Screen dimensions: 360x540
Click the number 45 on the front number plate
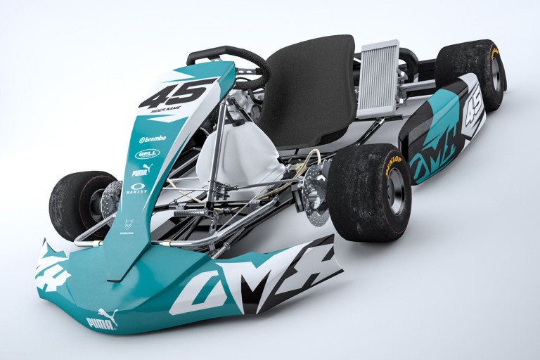click(x=177, y=94)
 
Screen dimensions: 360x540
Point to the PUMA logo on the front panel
click(x=142, y=170)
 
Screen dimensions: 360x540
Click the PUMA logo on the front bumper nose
click(x=103, y=319)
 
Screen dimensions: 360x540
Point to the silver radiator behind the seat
click(x=378, y=79)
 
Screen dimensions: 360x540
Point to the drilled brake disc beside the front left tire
click(x=110, y=199)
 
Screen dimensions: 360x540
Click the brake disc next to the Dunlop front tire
click(x=316, y=190)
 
